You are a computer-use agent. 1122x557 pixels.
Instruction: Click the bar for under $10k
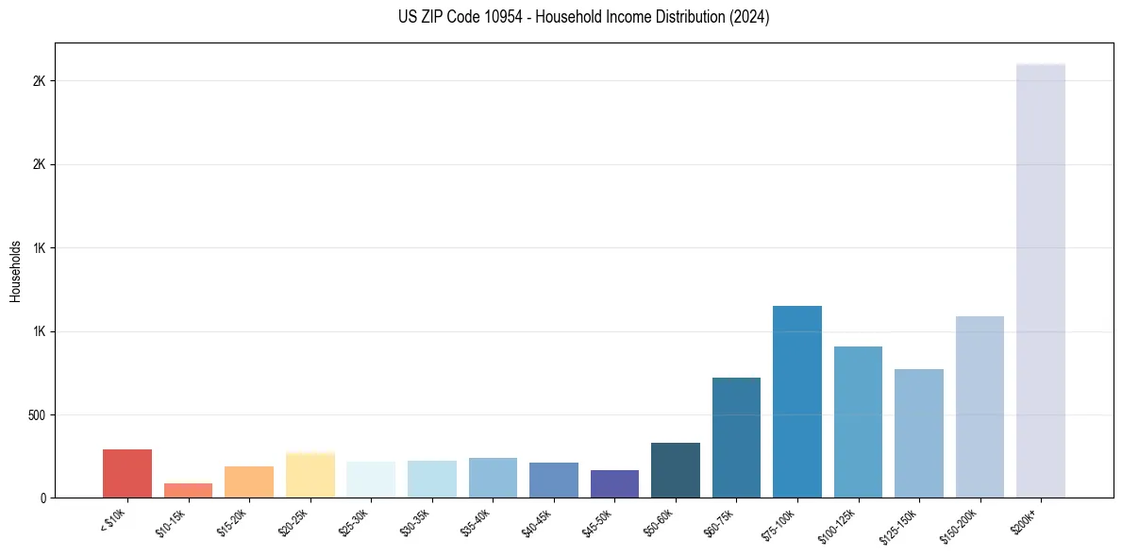[x=127, y=473]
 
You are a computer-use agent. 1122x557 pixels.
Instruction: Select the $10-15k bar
[x=188, y=490]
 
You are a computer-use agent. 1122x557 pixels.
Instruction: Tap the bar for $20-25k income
[x=310, y=475]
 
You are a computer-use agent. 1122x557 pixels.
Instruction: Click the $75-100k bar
[x=796, y=401]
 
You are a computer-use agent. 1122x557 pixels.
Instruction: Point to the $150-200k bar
[x=980, y=407]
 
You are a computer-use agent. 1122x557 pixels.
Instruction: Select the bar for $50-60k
[x=675, y=470]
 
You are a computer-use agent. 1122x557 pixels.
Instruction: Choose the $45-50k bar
[x=614, y=483]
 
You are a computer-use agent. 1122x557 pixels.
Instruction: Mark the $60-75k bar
[x=736, y=437]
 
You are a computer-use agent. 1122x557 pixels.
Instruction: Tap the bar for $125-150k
[x=918, y=433]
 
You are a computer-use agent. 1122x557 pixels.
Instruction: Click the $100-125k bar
[x=858, y=422]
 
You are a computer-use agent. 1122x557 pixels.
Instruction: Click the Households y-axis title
[x=15, y=270]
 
